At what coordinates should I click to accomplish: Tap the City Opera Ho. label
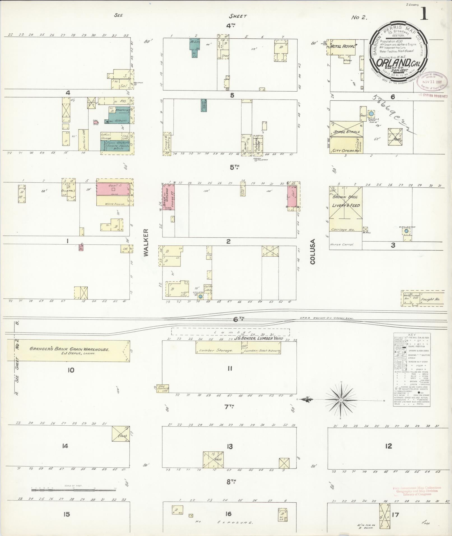pyautogui.click(x=346, y=151)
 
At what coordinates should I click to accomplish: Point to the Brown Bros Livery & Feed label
pyautogui.click(x=346, y=201)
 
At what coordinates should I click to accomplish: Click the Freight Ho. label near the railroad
pyautogui.click(x=430, y=299)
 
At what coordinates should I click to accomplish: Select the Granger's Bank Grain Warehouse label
pyautogui.click(x=69, y=349)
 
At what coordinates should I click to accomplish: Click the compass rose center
pyautogui.click(x=341, y=400)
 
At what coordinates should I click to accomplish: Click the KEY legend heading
pyautogui.click(x=412, y=335)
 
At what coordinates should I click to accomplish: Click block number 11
pyautogui.click(x=230, y=369)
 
